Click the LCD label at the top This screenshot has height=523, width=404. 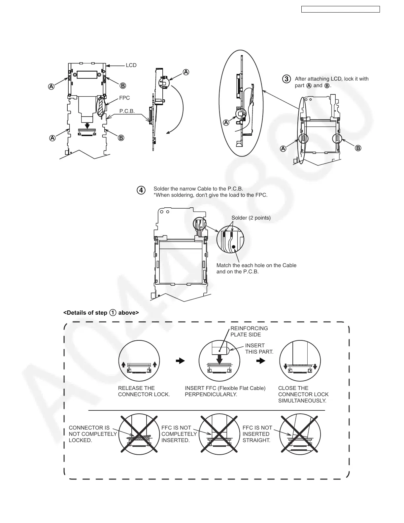131,65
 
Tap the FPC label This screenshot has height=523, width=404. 124,98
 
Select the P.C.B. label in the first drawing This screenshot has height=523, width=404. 127,111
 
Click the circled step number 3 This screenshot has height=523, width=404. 287,79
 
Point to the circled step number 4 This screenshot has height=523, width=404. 141,191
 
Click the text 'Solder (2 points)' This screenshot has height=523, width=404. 251,218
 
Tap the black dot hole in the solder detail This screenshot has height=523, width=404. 233,247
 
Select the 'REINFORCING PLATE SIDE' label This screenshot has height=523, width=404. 249,331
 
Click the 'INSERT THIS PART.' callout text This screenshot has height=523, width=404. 259,349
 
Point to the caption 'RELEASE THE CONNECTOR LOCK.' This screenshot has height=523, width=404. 144,391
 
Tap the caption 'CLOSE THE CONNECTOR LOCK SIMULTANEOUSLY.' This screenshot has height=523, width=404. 303,394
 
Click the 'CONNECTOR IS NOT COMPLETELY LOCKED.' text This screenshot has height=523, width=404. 93,434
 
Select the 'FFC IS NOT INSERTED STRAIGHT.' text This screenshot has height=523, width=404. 257,434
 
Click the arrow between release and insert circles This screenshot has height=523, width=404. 180,361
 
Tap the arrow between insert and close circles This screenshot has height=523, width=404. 261,361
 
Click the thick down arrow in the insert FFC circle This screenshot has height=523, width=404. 219,358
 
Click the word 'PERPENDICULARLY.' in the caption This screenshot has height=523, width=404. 211,395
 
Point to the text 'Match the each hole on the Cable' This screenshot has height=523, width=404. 256,265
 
